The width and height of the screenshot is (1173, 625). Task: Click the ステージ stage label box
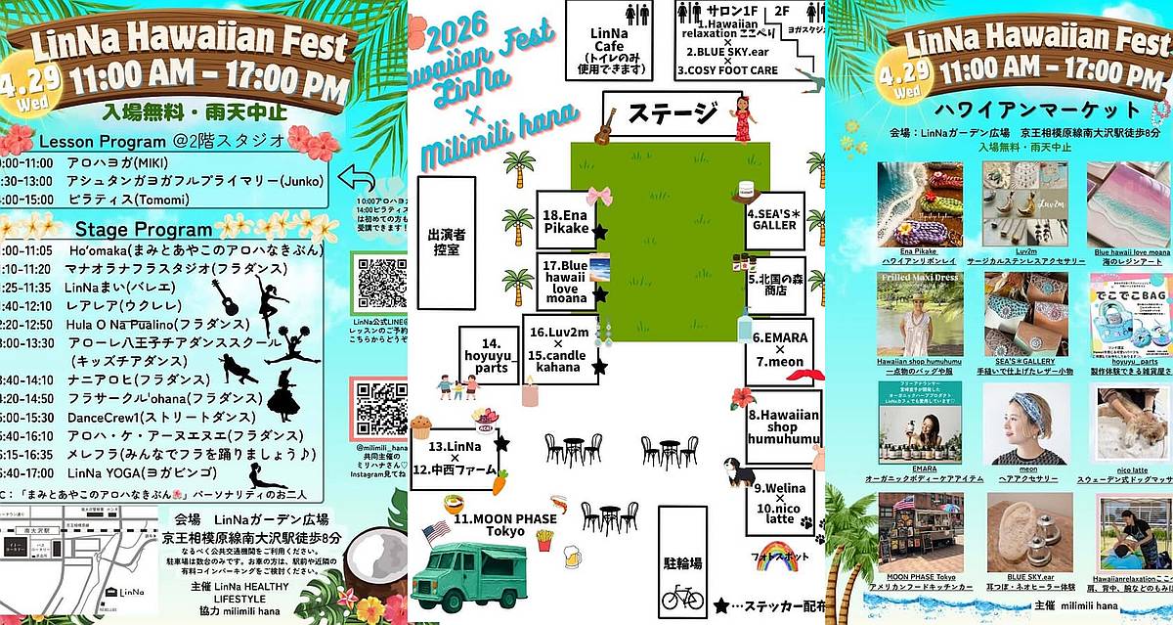[x=672, y=113]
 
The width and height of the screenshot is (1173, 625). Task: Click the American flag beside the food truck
[x=435, y=534]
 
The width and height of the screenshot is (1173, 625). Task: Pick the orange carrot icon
[x=500, y=481]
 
